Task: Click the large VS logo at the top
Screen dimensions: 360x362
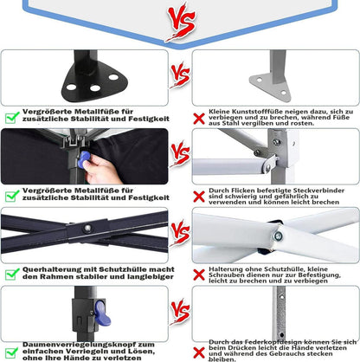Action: click(182, 23)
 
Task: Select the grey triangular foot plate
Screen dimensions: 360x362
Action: click(271, 87)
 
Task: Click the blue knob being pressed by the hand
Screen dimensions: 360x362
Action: click(84, 159)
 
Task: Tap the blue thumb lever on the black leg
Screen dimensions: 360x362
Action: click(102, 314)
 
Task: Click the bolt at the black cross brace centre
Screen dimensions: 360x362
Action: click(87, 228)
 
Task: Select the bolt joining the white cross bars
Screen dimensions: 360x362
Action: click(278, 236)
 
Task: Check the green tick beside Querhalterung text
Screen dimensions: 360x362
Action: click(12, 275)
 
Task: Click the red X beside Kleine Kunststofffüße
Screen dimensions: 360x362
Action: click(199, 119)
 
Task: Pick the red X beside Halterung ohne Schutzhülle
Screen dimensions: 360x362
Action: click(199, 275)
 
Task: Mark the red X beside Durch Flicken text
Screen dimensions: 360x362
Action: click(199, 197)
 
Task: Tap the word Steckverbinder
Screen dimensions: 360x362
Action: click(318, 191)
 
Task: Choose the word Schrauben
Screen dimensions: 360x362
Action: click(223, 275)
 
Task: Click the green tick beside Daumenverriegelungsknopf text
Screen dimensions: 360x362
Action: click(12, 353)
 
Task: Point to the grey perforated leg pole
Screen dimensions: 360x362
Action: click(280, 314)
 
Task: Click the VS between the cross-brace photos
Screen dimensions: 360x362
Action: click(180, 233)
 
